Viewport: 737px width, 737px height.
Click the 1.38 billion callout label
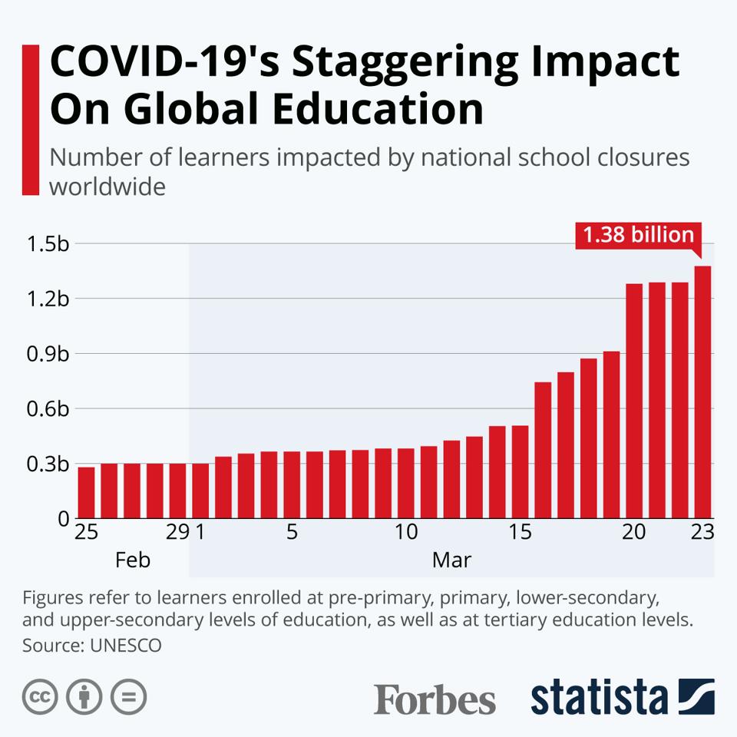pos(638,236)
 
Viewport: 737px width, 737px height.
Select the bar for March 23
pos(703,392)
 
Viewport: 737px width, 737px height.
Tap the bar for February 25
pos(86,492)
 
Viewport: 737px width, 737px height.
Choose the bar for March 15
pos(521,471)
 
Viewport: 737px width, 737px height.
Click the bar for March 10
pos(406,483)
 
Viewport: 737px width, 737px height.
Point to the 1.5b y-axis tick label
pos(48,244)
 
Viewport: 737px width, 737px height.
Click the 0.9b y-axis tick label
pos(48,354)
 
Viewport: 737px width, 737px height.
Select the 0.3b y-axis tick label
pos(48,464)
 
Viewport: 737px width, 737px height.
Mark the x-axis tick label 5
pos(292,533)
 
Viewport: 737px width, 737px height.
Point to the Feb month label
pos(133,560)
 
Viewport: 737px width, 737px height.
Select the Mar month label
pos(451,560)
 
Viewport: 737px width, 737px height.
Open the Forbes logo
pos(435,699)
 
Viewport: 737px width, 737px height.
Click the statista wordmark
pos(599,698)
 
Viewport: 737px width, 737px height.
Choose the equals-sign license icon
pos(128,698)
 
